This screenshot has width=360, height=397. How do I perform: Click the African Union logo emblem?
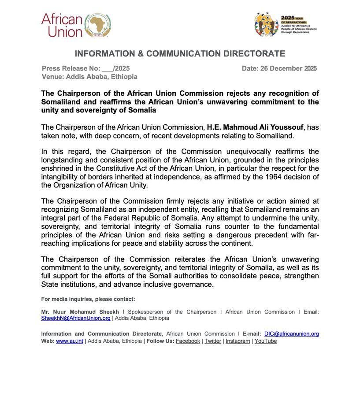(x=97, y=25)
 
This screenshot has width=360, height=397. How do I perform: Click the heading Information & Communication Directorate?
(x=180, y=54)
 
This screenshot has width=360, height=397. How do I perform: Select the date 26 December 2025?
(x=289, y=68)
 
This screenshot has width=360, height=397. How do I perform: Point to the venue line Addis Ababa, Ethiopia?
(x=101, y=77)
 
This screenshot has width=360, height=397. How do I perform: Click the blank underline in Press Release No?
(x=108, y=69)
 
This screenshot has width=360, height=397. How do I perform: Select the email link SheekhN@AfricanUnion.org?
(x=76, y=318)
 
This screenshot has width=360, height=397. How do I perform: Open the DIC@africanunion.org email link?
(x=292, y=334)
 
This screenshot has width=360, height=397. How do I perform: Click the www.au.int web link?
(x=70, y=341)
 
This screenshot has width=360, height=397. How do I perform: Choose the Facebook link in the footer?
(x=188, y=341)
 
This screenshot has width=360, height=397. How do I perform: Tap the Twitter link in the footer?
(x=213, y=341)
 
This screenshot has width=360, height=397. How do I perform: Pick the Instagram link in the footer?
(x=238, y=341)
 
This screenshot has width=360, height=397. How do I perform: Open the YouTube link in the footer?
(x=266, y=341)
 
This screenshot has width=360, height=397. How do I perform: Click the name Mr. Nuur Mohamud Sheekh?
(x=80, y=312)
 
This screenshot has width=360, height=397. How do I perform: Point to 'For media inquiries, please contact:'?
(x=88, y=299)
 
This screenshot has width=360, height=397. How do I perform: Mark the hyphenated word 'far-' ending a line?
(x=312, y=235)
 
